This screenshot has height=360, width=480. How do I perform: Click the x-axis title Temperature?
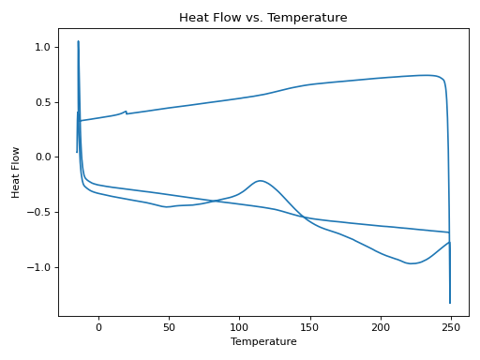(263, 342)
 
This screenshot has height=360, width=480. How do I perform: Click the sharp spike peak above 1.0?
(78, 41)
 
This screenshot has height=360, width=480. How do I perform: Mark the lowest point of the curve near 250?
(450, 303)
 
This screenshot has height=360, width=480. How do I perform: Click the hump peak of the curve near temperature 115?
(260, 181)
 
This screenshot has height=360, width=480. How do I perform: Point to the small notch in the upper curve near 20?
(126, 112)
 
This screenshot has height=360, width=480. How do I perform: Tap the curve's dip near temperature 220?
(410, 263)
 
